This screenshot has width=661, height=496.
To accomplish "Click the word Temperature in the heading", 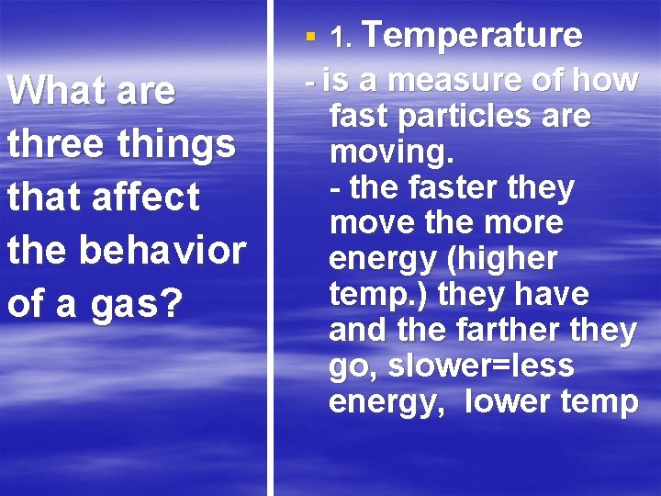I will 474,36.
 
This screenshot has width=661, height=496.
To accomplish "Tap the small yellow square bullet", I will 311,38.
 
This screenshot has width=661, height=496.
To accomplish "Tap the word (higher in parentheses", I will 502,260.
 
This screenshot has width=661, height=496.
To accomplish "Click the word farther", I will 526,331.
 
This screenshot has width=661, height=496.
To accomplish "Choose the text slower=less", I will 481,366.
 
